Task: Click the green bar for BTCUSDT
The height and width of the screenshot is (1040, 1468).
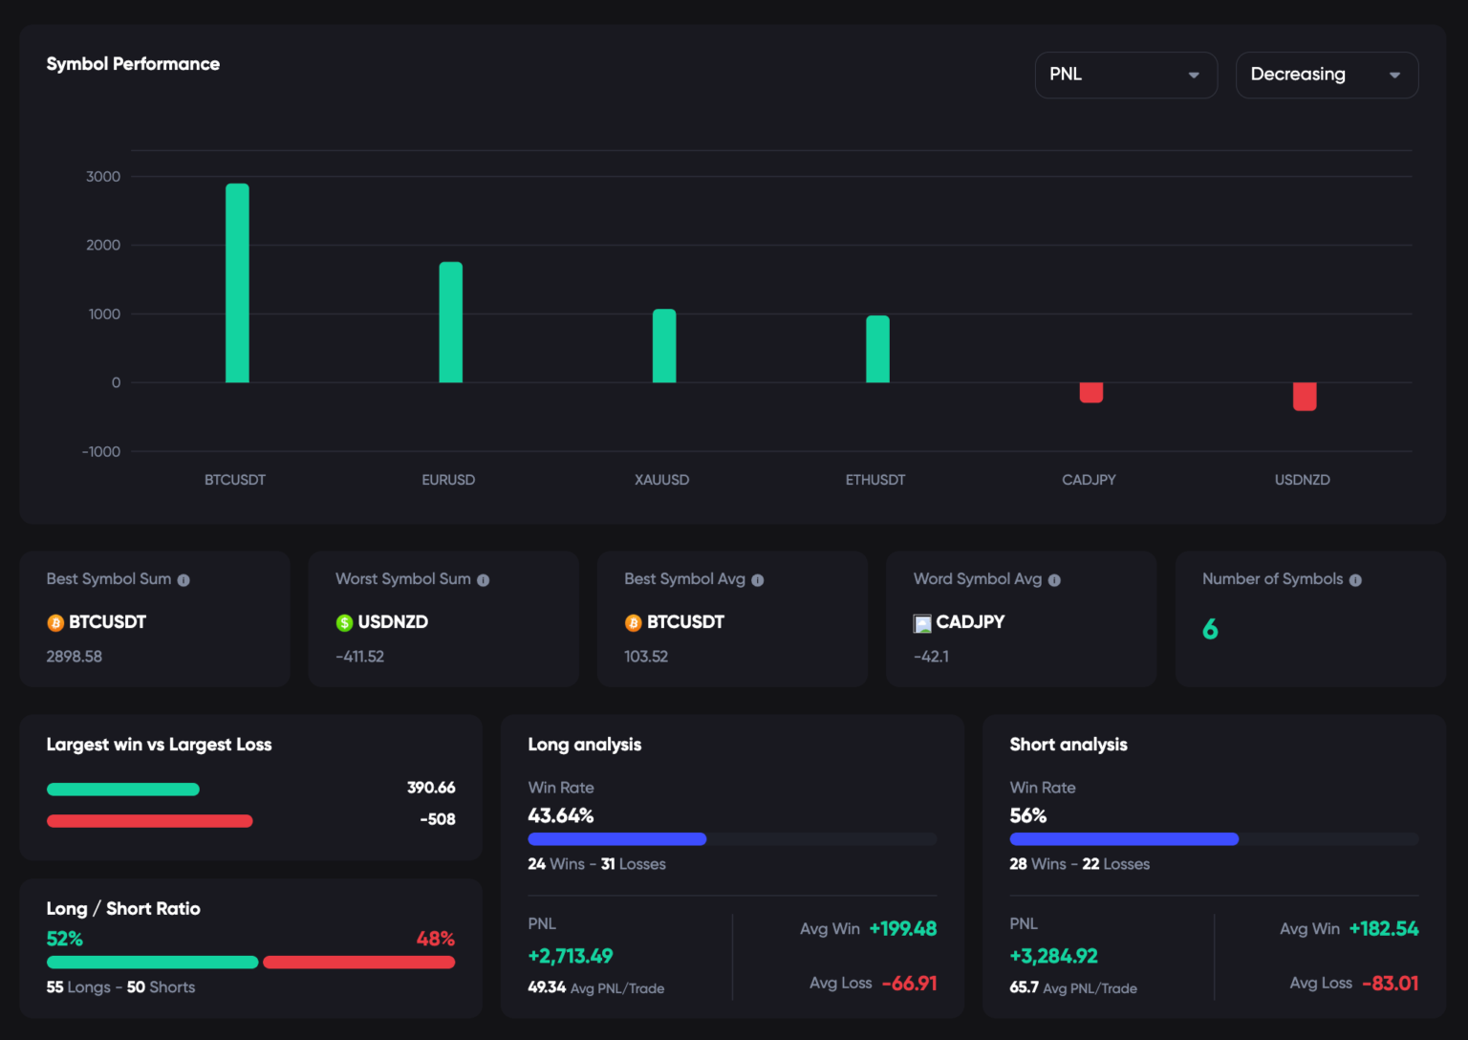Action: click(237, 283)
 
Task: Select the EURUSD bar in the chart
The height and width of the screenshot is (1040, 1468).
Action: click(450, 322)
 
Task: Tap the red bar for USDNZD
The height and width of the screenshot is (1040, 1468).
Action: click(1304, 396)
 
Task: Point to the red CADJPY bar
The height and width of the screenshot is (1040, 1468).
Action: click(1090, 392)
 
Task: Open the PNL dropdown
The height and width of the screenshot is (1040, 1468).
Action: click(1126, 75)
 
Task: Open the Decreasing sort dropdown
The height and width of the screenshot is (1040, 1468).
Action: click(1327, 75)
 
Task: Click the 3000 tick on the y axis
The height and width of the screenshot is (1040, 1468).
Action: click(103, 177)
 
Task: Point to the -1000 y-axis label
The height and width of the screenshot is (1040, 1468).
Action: click(101, 451)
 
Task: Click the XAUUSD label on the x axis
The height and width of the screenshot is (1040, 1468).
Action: click(661, 480)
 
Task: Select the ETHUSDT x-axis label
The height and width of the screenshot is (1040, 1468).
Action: click(874, 480)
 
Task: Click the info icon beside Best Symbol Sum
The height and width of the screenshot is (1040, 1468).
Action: click(183, 580)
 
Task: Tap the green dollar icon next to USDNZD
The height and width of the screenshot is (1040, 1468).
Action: click(344, 623)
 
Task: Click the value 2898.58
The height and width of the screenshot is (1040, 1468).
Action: click(75, 657)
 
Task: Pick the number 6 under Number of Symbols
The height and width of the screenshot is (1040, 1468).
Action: click(1210, 629)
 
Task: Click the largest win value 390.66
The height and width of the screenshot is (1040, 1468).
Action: click(431, 788)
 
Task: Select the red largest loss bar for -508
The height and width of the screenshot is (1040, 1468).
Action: click(149, 821)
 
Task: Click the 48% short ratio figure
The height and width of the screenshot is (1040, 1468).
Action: click(435, 939)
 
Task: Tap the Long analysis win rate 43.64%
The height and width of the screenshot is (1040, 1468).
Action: click(561, 815)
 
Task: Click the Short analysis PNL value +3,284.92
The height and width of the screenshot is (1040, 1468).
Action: click(1053, 956)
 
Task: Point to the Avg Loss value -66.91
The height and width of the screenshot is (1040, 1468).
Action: click(909, 983)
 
